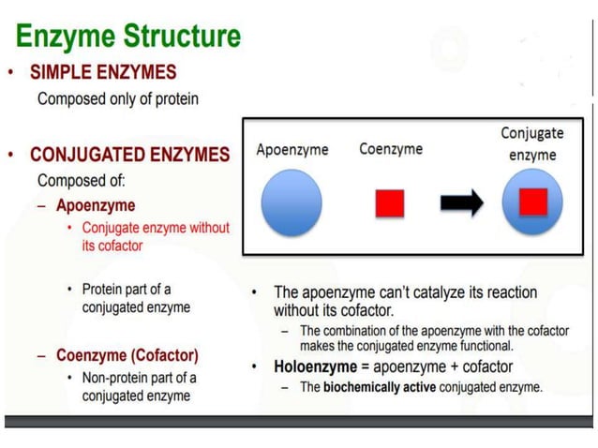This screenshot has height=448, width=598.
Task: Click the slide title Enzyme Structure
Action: click(x=128, y=37)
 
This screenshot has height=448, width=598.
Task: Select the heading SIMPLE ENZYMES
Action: click(x=103, y=72)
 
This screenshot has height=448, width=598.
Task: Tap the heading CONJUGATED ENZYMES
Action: click(x=129, y=155)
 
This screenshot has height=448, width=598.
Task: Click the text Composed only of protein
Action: click(x=117, y=98)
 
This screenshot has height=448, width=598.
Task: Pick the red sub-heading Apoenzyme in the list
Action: click(x=96, y=205)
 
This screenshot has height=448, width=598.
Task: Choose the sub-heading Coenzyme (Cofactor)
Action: click(x=127, y=355)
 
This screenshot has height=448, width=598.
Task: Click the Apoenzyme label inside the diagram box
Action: click(x=292, y=150)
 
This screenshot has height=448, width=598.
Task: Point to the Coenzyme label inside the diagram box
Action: click(x=390, y=149)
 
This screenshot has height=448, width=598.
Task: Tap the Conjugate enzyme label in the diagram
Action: click(x=532, y=143)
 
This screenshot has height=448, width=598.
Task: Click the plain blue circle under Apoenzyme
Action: click(x=292, y=202)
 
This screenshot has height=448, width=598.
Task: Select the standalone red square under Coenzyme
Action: click(x=389, y=202)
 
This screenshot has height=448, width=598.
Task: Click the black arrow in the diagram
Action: click(x=461, y=202)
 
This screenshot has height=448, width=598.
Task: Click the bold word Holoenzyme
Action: click(x=314, y=366)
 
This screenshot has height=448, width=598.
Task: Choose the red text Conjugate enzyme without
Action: click(x=156, y=228)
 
